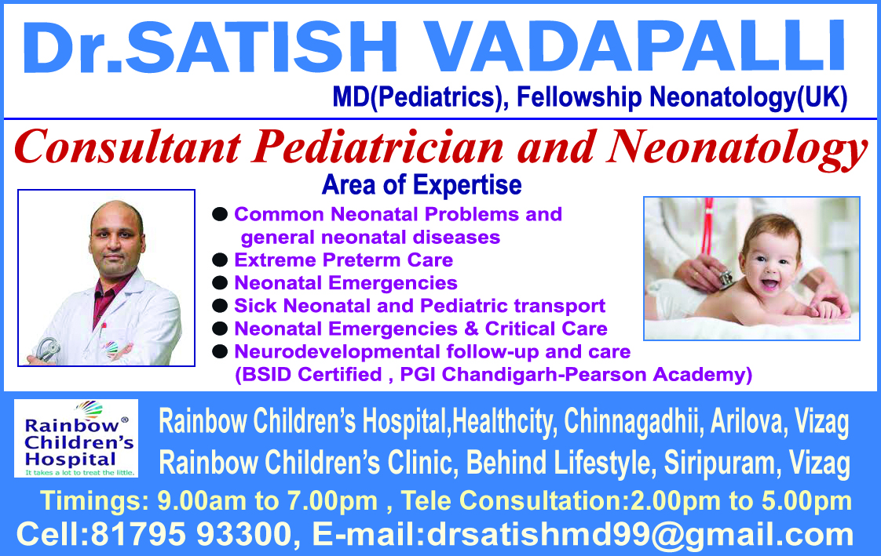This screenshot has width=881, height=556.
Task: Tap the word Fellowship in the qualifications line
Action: coord(579,97)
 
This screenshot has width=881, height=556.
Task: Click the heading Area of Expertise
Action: coord(422,184)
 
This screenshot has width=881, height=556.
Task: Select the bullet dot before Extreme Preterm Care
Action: coord(220,260)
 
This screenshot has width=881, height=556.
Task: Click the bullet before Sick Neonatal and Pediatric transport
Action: coord(220,306)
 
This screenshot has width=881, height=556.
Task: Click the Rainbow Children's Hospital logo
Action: coord(76,438)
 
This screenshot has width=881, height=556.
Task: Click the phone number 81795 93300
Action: coord(191,533)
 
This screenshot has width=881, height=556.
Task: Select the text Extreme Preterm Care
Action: coord(343,260)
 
